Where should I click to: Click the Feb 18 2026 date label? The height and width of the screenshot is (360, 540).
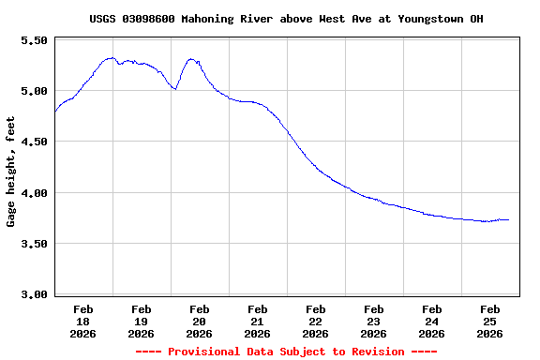(83, 321)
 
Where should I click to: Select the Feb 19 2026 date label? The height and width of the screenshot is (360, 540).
(142, 321)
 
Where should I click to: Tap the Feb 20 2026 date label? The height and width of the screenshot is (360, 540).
(200, 321)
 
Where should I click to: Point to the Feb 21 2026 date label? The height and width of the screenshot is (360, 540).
(258, 321)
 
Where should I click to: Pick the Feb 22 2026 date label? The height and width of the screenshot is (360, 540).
(316, 321)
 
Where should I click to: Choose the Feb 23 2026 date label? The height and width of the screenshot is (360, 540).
(374, 321)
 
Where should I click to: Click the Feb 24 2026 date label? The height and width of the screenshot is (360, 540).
(432, 321)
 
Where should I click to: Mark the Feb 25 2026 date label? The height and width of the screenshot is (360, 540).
(490, 321)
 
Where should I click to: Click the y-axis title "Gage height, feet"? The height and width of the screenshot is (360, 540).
(11, 172)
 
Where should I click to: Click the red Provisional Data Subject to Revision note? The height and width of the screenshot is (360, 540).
(286, 352)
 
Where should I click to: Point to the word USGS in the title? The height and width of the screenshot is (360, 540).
(103, 19)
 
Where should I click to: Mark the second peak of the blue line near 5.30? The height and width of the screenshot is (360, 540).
(191, 59)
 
